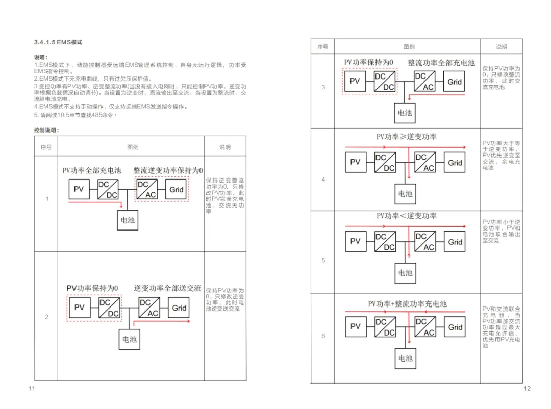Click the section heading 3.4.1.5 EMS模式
point(58,42)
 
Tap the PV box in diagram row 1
point(79,189)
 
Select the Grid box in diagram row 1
point(177,189)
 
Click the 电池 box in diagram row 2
point(130,339)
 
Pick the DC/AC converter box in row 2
point(149,308)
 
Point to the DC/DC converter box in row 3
point(384,82)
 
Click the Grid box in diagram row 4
point(455,163)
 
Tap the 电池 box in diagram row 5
point(405,273)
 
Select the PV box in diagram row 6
point(355,327)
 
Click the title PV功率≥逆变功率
point(406,137)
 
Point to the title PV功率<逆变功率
point(406,216)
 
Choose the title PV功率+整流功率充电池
point(407,304)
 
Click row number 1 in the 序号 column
point(46,199)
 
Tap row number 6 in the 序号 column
point(323,336)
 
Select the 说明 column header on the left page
point(224,147)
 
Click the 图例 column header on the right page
point(409,47)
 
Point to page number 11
point(32,389)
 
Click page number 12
point(527,389)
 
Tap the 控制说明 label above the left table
point(46,130)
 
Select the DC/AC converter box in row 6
point(425,327)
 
